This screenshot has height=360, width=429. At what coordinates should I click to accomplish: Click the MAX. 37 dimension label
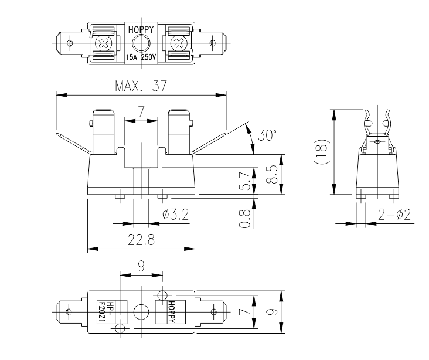[141, 86]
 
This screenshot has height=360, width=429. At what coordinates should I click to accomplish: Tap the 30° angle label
[267, 135]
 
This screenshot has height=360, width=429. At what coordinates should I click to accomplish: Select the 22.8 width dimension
[140, 239]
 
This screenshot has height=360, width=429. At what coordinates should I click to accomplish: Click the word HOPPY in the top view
[141, 28]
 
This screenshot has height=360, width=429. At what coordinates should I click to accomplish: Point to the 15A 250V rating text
[141, 57]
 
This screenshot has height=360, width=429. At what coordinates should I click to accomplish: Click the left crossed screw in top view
[104, 43]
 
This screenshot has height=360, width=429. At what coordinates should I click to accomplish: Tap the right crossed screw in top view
[176, 43]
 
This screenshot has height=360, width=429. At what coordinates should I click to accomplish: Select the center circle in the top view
[141, 43]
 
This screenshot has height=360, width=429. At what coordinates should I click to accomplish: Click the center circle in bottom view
[141, 310]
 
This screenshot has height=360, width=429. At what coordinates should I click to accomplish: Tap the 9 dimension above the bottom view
[141, 266]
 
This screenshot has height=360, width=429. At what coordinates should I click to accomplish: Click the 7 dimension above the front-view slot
[141, 112]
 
